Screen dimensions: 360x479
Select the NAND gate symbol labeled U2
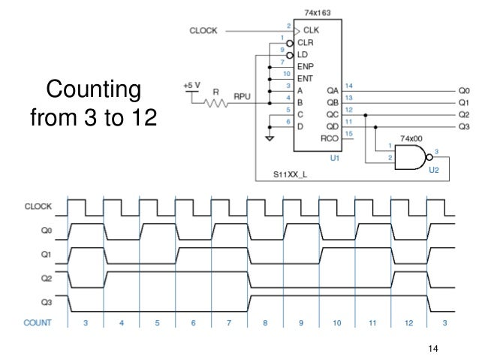click(x=412, y=158)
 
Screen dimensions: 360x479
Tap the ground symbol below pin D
click(x=269, y=139)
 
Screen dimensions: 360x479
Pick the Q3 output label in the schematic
click(x=463, y=127)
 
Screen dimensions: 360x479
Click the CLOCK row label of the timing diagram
click(x=38, y=206)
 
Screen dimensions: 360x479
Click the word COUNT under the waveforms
click(x=38, y=322)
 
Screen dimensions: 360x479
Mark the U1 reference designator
click(x=335, y=159)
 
